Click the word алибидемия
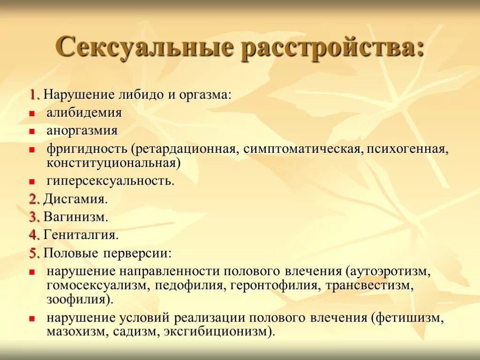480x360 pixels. point(84,113)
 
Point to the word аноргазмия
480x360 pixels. point(82,130)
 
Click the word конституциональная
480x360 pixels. point(113,162)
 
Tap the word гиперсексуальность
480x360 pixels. point(110,181)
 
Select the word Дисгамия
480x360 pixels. point(75,199)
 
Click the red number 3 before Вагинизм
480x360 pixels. point(34,217)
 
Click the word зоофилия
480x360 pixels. point(79,299)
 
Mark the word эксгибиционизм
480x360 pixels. point(220,331)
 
